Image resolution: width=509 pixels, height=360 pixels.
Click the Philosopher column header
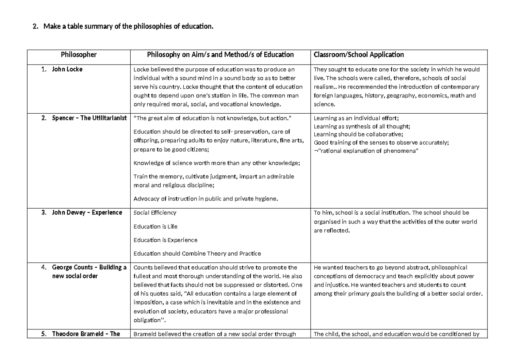(x=78, y=55)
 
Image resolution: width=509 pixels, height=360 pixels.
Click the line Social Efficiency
(x=155, y=212)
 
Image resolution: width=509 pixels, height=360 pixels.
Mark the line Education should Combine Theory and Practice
(x=197, y=254)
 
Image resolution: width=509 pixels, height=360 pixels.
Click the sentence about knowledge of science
(x=216, y=163)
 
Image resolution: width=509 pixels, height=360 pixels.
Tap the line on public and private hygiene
(x=206, y=198)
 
